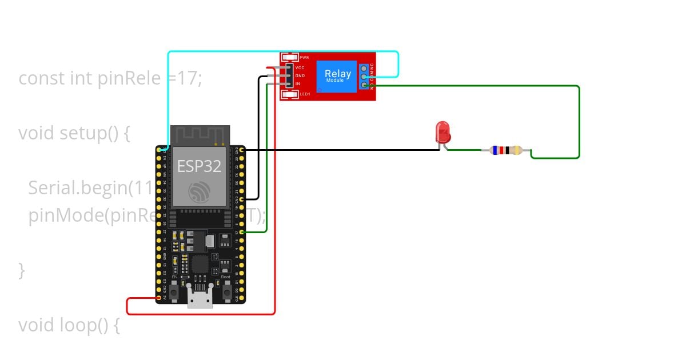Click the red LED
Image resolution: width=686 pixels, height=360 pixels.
442,132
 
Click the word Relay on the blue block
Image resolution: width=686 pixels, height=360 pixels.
338,74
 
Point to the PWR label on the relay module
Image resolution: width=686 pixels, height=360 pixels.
304,58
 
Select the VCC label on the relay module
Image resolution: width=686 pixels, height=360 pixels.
300,67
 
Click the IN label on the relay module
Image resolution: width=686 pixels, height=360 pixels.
297,84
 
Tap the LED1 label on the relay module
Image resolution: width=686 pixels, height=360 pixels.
305,94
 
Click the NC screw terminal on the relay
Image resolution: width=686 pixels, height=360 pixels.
364,67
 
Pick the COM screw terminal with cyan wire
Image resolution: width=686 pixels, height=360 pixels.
364,77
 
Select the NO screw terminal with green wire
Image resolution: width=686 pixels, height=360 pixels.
364,86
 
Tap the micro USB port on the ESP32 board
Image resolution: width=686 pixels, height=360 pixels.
200,299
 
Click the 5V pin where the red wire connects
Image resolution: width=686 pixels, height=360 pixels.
159,298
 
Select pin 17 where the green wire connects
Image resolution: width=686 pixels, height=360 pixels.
242,232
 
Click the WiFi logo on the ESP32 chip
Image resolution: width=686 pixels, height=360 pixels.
200,192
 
